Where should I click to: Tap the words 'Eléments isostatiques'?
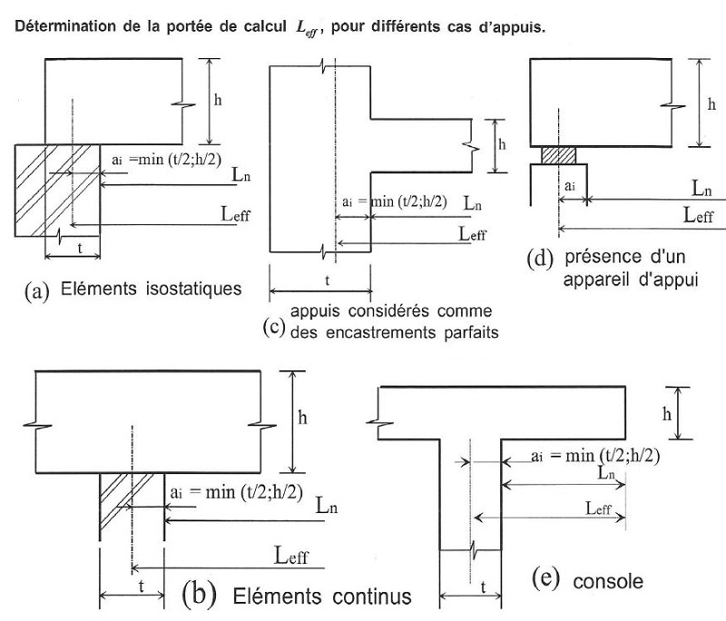click(151, 291)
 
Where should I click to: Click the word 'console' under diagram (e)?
click(602, 581)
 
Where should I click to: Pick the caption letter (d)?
click(542, 257)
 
